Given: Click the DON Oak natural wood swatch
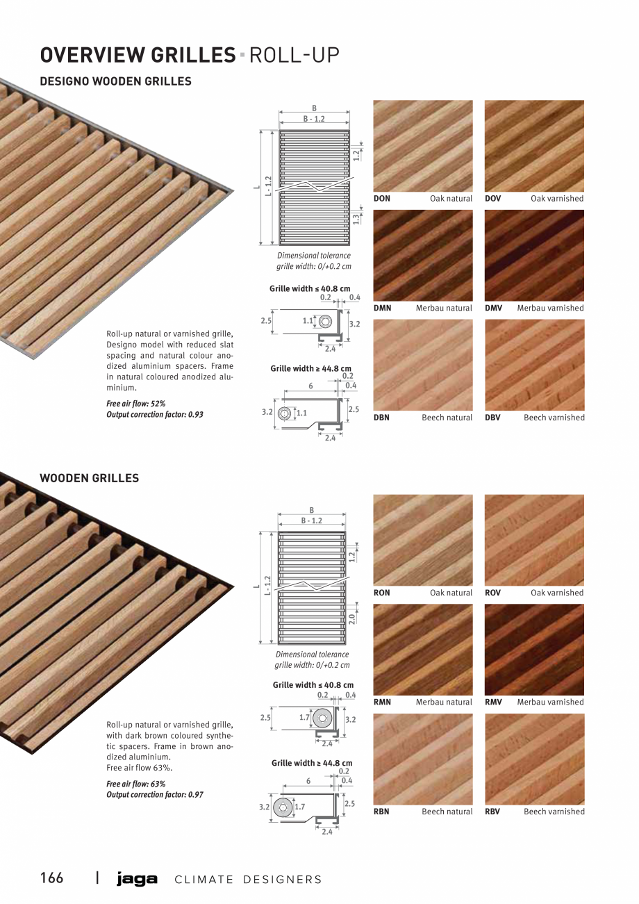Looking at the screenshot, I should pyautogui.click(x=422, y=146).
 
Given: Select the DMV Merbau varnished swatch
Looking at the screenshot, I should pyautogui.click(x=534, y=255).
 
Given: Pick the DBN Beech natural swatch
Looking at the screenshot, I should pyautogui.click(x=422, y=365).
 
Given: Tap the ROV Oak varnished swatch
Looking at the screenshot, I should pyautogui.click(x=534, y=540).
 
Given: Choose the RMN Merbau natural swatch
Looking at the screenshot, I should pyautogui.click(x=422, y=649).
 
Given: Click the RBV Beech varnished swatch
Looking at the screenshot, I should pyautogui.click(x=534, y=759).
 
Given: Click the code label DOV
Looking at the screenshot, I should pyautogui.click(x=492, y=199).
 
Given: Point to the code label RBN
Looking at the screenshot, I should pyautogui.click(x=381, y=812).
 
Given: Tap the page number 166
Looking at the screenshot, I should pyautogui.click(x=51, y=878).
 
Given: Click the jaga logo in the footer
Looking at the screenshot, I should pyautogui.click(x=137, y=880).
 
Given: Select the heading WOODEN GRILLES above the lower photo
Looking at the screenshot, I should pyautogui.click(x=89, y=478).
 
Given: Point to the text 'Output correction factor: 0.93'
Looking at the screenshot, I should pyautogui.click(x=155, y=415).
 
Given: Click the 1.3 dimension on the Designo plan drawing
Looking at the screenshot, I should pyautogui.click(x=356, y=218).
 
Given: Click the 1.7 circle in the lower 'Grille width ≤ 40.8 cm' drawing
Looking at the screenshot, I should pyautogui.click(x=322, y=718).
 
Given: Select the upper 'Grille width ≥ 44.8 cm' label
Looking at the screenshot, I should pyautogui.click(x=310, y=368).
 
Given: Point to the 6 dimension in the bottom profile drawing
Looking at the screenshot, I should pyautogui.click(x=308, y=780).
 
